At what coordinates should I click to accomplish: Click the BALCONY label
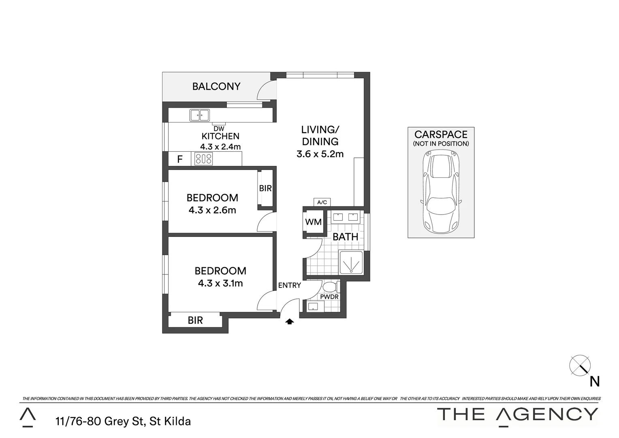tap(216, 86)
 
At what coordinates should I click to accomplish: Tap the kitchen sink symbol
tap(199, 115)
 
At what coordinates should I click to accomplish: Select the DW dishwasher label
tap(219, 129)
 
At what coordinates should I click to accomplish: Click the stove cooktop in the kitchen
tap(203, 159)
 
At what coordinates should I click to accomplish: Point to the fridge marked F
tap(180, 159)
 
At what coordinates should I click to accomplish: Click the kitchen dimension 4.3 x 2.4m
tap(220, 147)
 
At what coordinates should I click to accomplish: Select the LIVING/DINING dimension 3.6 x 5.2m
tap(320, 154)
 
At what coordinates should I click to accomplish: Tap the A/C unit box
tap(322, 202)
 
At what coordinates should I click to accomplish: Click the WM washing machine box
tap(313, 222)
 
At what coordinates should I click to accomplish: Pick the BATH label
tap(345, 237)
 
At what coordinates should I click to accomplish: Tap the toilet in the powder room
tap(331, 288)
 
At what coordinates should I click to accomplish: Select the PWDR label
tap(329, 297)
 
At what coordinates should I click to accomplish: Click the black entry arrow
tap(289, 322)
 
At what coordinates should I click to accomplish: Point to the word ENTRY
tap(289, 286)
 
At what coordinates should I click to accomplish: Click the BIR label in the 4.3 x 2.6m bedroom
tap(265, 189)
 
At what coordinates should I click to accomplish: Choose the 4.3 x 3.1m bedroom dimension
tap(220, 283)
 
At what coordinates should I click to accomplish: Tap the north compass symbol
tap(580, 365)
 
